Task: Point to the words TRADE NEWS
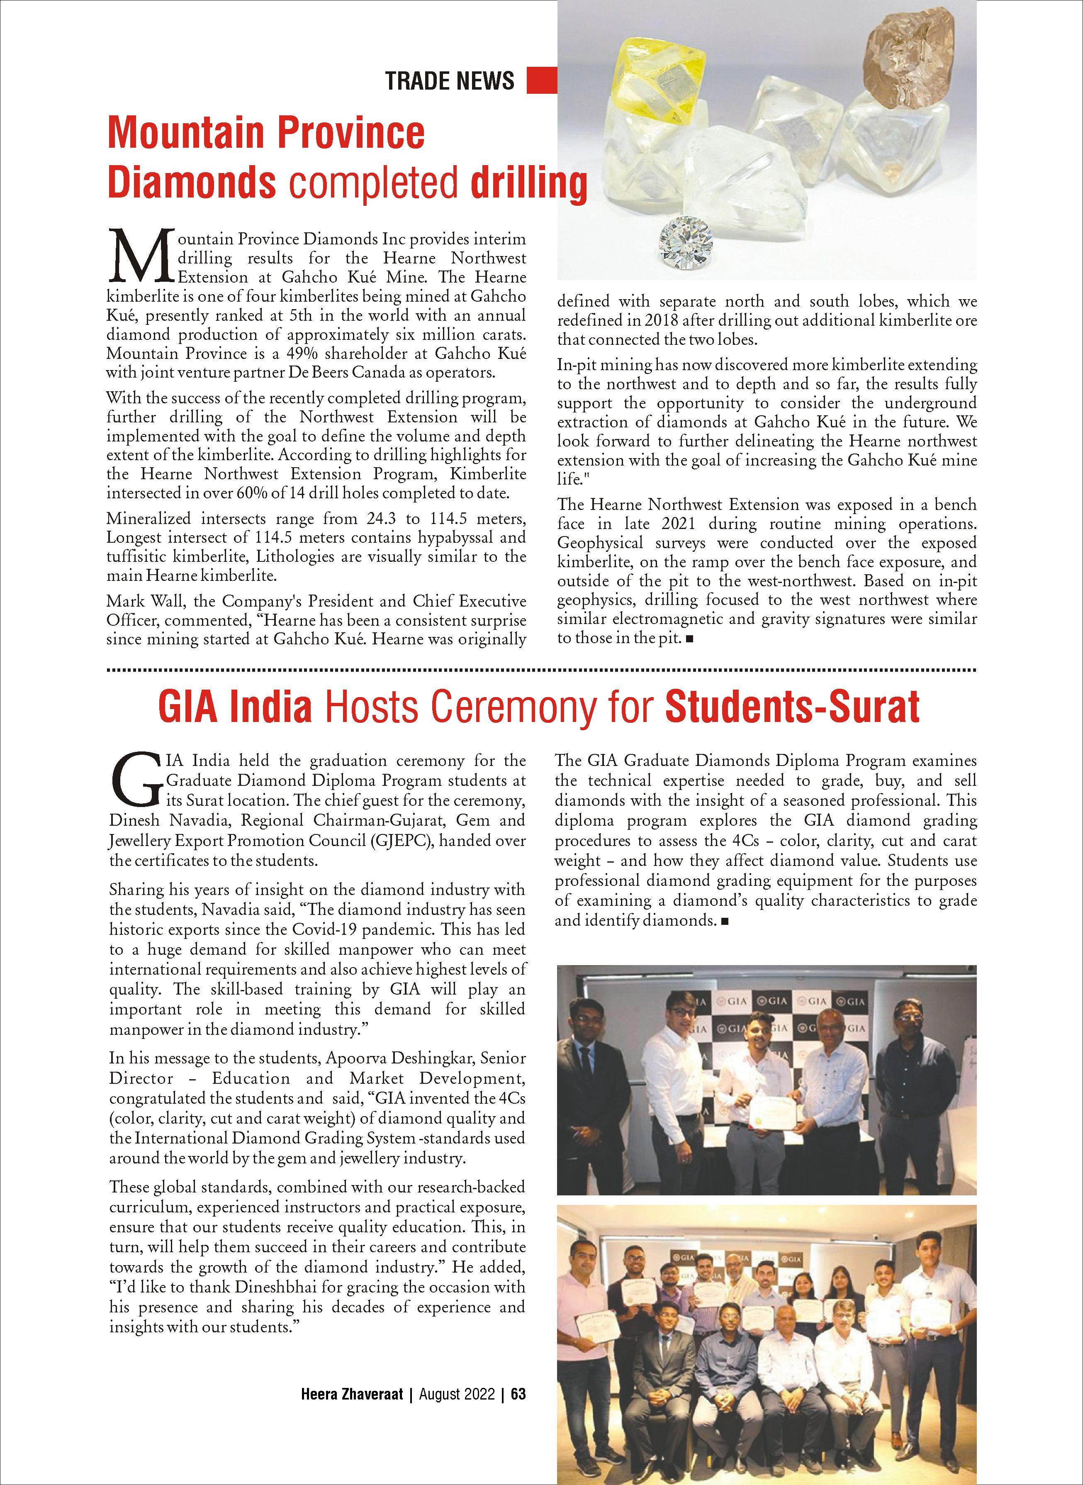coord(450,80)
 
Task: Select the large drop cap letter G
coord(134,780)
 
